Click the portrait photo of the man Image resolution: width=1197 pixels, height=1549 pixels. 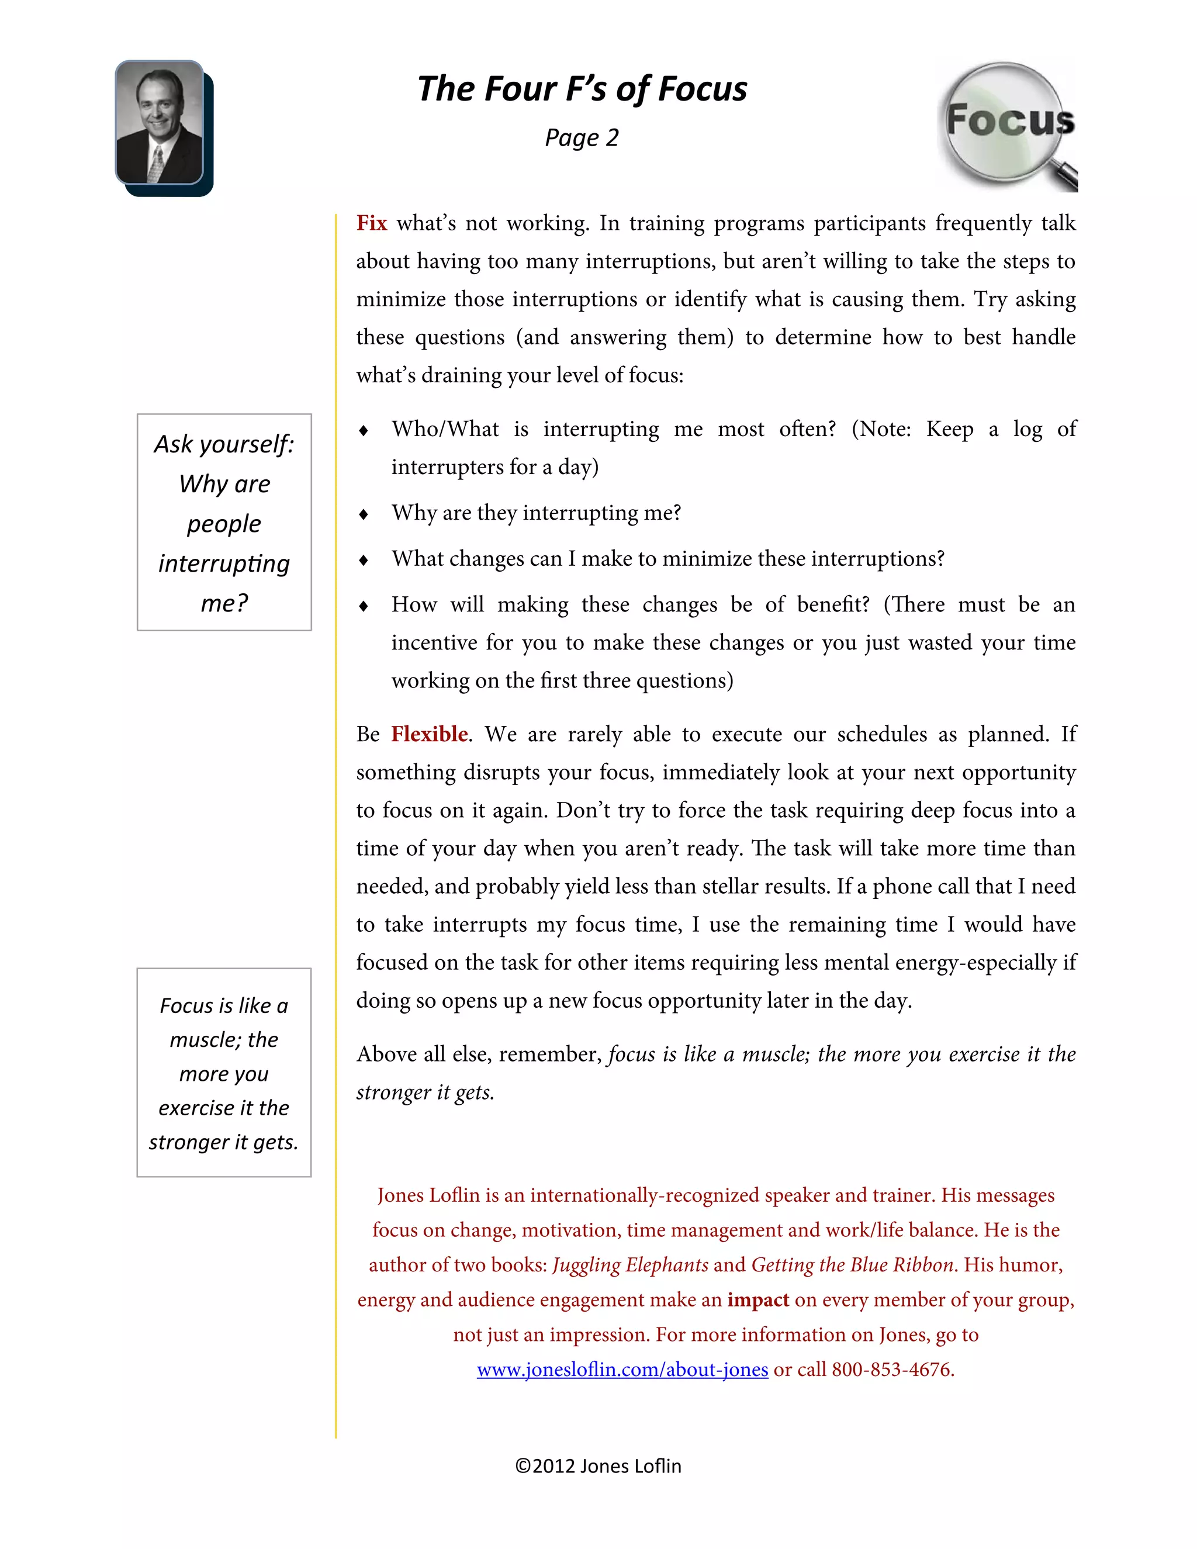coord(160,122)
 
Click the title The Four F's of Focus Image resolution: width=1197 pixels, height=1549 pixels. coord(582,89)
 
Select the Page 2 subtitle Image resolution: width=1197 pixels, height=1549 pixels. coord(582,137)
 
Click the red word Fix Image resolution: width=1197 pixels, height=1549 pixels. coord(372,223)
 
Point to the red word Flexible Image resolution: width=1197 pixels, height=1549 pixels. coord(429,734)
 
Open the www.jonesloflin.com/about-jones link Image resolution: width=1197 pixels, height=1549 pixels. coord(622,1370)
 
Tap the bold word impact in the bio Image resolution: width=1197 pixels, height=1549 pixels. coord(758,1300)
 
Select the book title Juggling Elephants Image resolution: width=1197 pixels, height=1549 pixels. coord(629,1266)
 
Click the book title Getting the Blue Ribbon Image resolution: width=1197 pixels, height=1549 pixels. coord(852,1266)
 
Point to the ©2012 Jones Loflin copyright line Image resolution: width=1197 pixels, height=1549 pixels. coord(598,1466)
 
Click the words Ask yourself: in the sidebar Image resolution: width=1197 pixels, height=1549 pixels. coord(224,445)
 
